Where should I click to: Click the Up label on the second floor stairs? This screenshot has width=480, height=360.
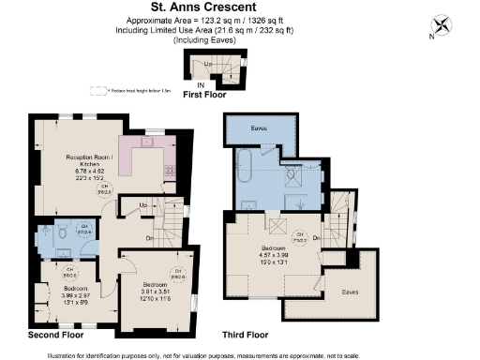pyautogui.click(x=143, y=203)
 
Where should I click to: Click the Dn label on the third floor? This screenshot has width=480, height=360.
pyautogui.click(x=315, y=238)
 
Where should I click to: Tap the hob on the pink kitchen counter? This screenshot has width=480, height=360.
pyautogui.click(x=170, y=171)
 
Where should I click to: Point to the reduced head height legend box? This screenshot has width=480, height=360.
pyautogui.click(x=96, y=91)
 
